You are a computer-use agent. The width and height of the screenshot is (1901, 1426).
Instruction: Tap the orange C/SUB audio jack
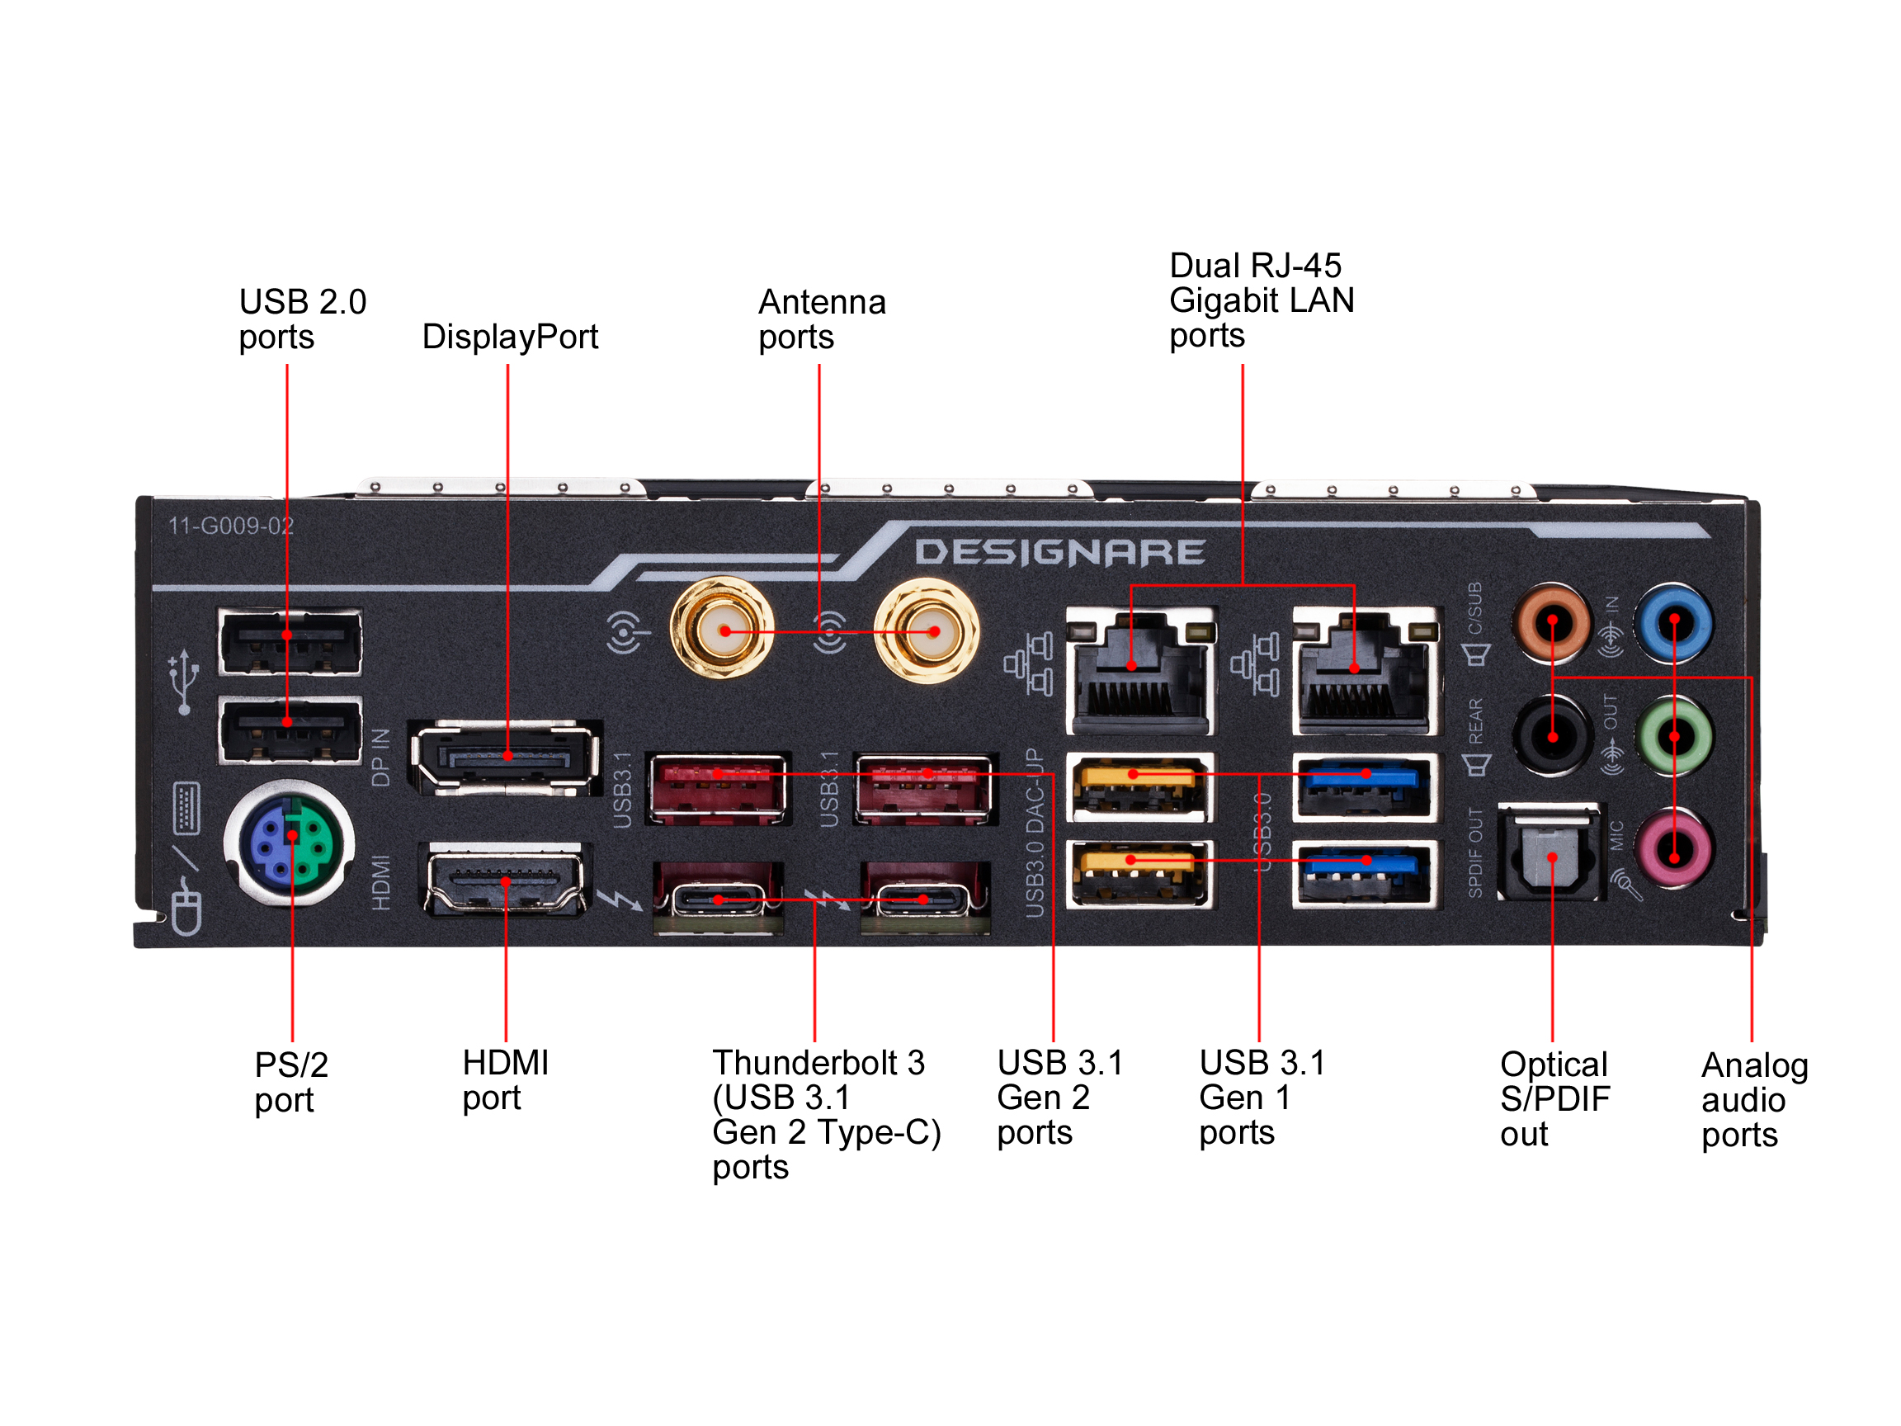(x=1552, y=622)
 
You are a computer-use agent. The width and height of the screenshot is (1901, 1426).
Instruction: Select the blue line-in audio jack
(x=1673, y=622)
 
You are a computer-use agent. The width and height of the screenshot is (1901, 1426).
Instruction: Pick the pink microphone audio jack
(x=1673, y=850)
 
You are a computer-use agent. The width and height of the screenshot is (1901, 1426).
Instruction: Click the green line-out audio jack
(x=1673, y=737)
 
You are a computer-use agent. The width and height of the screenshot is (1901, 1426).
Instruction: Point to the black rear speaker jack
(x=1552, y=737)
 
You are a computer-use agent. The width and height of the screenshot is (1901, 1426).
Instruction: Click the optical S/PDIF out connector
(x=1551, y=854)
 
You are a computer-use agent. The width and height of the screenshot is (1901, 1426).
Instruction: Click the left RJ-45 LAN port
(x=1139, y=670)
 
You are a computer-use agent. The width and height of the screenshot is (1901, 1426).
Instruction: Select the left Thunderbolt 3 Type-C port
(x=719, y=900)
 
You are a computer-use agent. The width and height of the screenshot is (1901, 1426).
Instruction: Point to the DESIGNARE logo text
(x=1059, y=553)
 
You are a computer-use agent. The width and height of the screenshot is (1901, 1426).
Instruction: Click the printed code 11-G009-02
(x=230, y=525)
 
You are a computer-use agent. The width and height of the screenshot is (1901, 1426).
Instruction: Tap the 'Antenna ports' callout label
(x=821, y=319)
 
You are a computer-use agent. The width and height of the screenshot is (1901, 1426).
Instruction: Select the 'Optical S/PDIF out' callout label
(x=1554, y=1098)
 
